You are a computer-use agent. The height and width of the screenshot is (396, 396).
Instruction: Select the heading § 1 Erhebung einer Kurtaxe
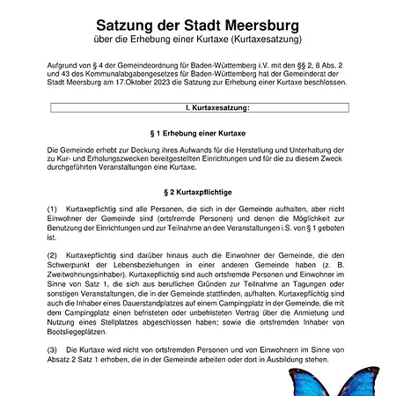[197, 132]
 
